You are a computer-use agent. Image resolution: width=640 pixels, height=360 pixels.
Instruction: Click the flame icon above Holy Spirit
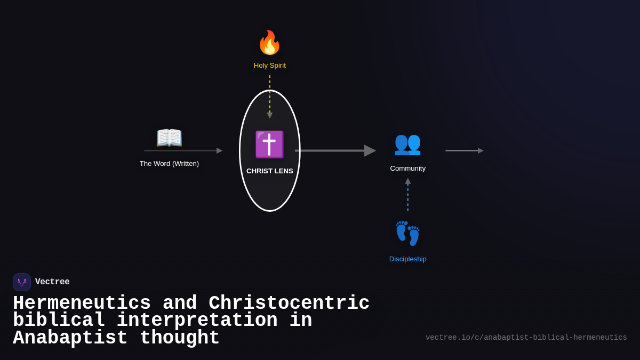269,43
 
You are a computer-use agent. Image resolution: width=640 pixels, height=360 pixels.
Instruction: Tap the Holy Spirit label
269,66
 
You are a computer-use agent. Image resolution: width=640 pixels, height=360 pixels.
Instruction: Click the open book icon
169,138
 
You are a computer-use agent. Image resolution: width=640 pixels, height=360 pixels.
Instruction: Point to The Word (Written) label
169,164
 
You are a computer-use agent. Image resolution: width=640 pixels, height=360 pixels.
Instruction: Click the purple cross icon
269,145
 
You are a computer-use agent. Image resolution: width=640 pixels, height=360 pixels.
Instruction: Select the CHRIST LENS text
269,171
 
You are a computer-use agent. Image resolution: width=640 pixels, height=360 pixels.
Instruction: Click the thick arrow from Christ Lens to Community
335,151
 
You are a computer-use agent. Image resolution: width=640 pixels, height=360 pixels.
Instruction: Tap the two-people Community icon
407,143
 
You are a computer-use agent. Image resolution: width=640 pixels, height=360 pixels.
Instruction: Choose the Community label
407,169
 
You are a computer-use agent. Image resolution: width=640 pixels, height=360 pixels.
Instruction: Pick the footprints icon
407,234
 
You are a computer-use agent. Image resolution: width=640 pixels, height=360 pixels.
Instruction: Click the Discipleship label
407,259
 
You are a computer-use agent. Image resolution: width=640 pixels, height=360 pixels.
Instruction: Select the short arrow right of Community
464,151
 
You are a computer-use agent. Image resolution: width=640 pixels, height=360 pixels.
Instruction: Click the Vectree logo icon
22,282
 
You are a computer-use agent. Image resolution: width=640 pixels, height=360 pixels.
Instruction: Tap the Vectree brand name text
52,282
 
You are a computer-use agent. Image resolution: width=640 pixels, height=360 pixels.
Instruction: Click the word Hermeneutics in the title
82,303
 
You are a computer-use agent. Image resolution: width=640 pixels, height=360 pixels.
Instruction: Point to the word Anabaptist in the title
70,338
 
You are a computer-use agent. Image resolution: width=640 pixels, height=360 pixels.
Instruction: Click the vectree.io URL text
526,338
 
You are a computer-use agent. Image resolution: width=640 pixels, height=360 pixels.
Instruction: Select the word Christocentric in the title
289,303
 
